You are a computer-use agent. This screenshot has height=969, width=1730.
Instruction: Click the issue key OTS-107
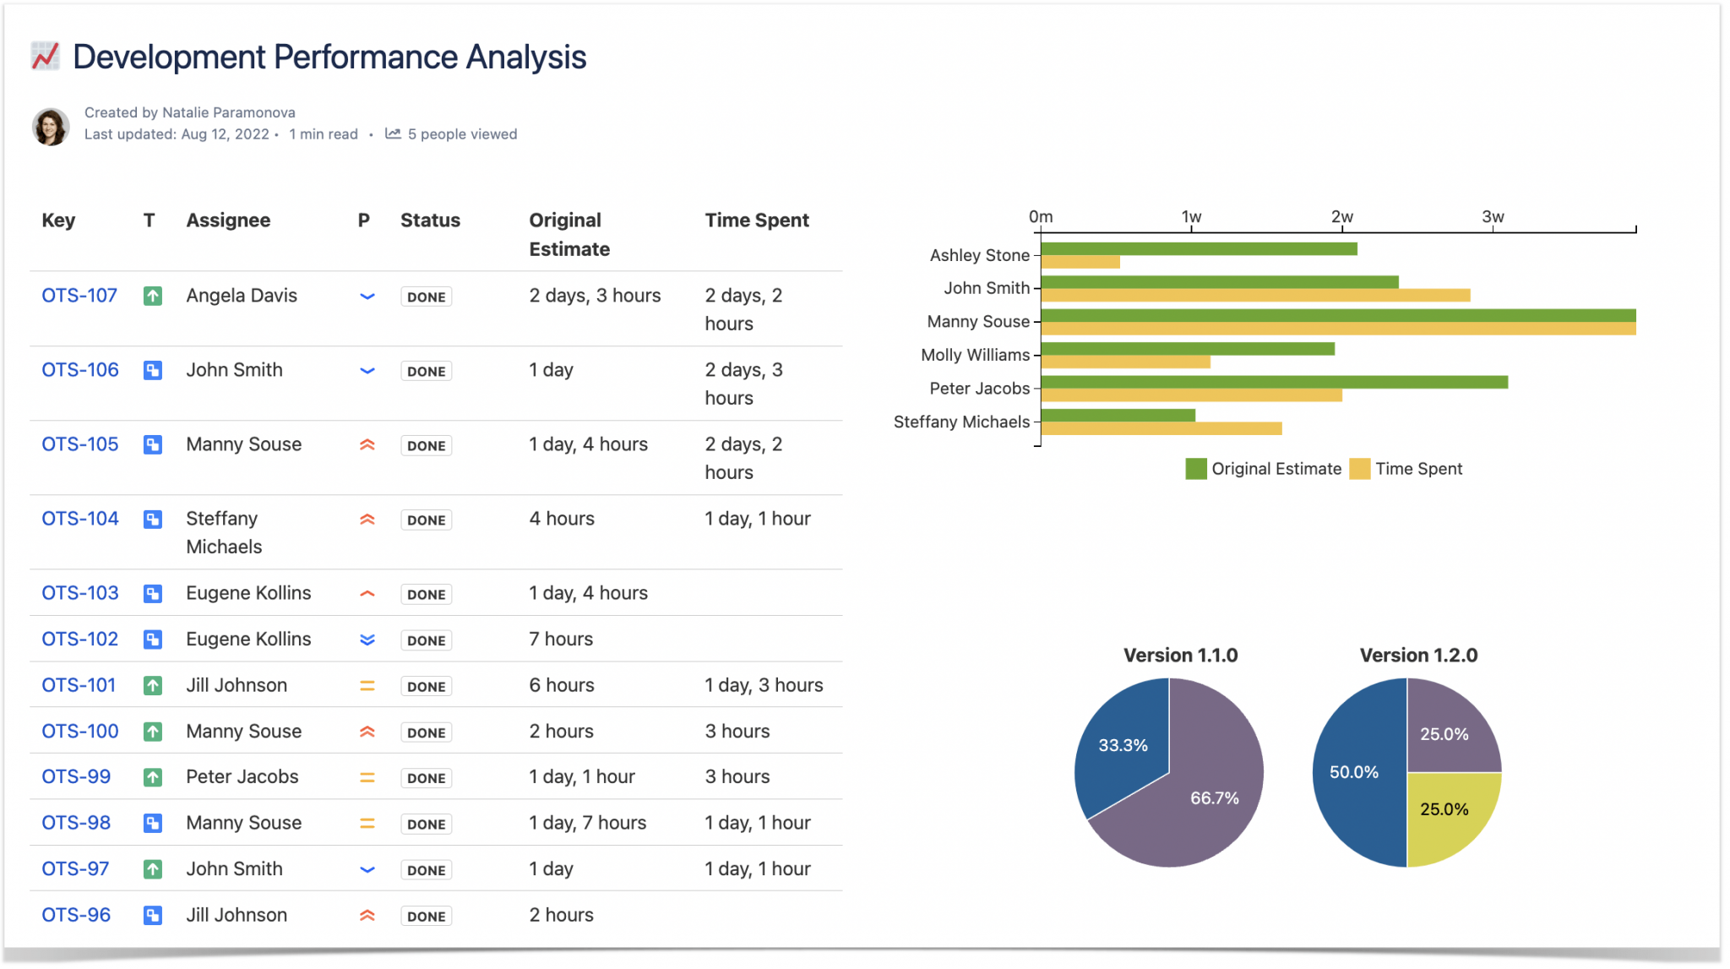pos(79,296)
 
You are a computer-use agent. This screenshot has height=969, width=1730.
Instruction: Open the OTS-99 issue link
pos(76,776)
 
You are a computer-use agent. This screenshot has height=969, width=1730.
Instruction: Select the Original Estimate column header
pos(569,234)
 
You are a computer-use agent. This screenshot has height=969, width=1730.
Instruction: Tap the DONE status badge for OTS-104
pos(426,520)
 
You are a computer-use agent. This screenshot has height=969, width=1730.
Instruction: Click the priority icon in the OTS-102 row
pos(367,640)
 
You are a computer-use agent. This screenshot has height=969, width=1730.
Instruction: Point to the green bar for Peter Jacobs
pos(1274,382)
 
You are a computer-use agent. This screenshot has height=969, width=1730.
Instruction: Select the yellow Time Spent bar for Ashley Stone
pos(1080,263)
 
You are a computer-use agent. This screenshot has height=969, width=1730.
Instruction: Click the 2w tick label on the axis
pos(1341,216)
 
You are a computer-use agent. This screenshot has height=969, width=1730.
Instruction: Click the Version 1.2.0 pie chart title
pos(1418,655)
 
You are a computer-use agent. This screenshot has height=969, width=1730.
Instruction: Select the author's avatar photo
pos(51,127)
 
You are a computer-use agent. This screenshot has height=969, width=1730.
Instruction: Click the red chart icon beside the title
pos(45,56)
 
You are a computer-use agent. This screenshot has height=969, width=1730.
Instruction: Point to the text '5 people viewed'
pos(462,134)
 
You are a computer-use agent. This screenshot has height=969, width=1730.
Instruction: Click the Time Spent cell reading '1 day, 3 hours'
pos(764,685)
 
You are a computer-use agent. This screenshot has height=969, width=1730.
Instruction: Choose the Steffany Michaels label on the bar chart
pos(961,422)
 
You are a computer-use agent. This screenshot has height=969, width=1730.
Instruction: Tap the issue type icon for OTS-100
pos(153,732)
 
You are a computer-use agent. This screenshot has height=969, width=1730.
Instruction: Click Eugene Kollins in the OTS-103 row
pos(248,593)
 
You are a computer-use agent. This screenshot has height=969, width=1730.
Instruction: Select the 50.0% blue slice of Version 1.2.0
pos(1354,773)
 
